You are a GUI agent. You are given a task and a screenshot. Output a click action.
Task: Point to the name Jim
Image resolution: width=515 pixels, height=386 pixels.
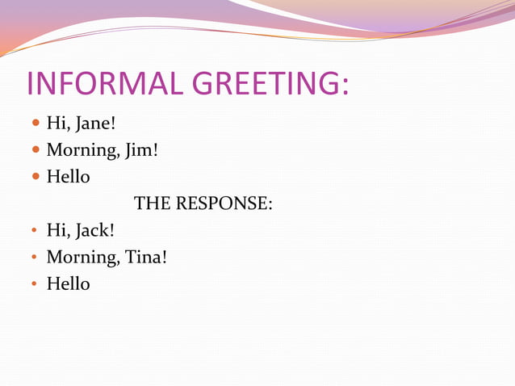pyautogui.click(x=140, y=150)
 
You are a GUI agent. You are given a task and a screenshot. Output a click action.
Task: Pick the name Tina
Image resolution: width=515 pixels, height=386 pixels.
pyautogui.click(x=145, y=258)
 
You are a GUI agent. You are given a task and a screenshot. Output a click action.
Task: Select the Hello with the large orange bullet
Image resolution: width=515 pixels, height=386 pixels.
pyautogui.click(x=68, y=176)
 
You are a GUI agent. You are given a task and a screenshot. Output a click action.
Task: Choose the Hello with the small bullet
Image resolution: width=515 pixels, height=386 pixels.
pyautogui.click(x=68, y=284)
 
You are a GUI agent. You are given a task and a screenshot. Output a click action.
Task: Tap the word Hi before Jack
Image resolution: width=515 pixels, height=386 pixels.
pyautogui.click(x=56, y=230)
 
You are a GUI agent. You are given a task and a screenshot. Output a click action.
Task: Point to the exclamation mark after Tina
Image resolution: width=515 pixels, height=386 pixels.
pyautogui.click(x=165, y=258)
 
